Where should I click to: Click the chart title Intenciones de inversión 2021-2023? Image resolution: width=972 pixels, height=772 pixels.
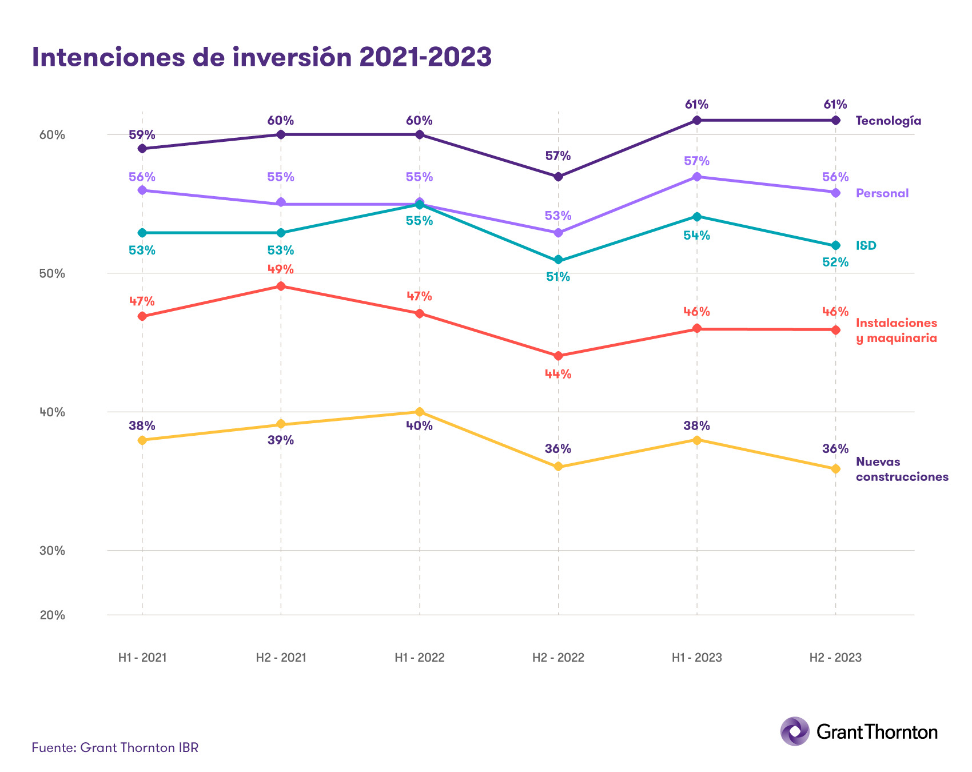pos(261,57)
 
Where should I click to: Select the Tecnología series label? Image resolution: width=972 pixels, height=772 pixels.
pos(888,121)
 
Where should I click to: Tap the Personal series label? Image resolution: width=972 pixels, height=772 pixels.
pos(882,193)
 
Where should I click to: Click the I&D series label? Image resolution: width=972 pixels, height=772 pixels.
pos(866,246)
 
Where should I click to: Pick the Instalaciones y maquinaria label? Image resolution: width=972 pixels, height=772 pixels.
pos(896,331)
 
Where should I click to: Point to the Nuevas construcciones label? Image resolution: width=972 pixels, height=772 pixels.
pos(902,469)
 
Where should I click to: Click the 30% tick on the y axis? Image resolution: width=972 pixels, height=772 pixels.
pos(53,551)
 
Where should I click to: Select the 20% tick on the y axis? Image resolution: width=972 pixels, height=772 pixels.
pos(53,615)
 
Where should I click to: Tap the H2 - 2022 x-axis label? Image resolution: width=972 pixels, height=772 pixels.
pos(558,658)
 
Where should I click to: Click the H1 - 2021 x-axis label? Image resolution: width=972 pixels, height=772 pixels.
pos(142,658)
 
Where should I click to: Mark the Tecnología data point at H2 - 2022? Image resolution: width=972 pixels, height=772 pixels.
pos(559,177)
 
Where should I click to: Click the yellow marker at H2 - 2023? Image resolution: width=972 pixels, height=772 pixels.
pos(835,469)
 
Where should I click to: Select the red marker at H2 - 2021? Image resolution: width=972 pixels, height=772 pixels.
pos(281,286)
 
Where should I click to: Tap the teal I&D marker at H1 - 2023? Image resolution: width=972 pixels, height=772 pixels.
pos(696,217)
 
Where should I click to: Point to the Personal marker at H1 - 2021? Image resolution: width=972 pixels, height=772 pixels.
pos(142,190)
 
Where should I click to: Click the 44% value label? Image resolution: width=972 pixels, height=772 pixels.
pos(558,375)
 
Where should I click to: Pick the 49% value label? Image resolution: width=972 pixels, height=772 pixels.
pos(281,269)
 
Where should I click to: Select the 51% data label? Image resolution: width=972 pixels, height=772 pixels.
pos(558,277)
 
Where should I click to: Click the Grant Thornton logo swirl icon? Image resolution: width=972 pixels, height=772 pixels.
pos(794,731)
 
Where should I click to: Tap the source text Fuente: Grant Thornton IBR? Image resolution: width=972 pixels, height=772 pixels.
pos(115,747)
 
